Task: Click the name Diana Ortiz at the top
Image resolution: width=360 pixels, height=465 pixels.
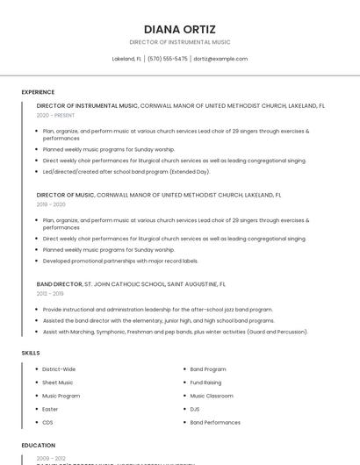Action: pos(179,29)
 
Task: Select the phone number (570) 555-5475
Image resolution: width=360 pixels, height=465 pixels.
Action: pos(167,59)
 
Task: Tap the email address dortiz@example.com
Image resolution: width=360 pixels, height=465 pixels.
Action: pos(220,59)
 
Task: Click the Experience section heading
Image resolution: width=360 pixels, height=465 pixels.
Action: pos(38,92)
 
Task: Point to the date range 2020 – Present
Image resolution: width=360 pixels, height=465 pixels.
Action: pos(55,115)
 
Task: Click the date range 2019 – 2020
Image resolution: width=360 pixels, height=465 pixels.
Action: pos(51,204)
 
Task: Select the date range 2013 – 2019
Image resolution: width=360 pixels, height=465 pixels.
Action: pos(50,294)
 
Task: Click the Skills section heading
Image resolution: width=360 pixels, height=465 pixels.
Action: pos(31,353)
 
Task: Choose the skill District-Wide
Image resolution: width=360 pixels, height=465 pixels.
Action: pos(59,369)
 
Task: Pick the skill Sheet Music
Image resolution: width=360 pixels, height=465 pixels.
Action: pos(58,383)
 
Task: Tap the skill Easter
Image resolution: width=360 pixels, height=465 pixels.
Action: pos(50,409)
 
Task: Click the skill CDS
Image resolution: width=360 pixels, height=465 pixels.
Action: pos(47,422)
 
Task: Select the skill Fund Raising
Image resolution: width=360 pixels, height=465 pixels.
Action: pos(206,383)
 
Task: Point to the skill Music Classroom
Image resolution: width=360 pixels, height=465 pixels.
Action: pos(212,396)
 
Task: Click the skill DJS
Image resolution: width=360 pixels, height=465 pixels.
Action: pos(195,409)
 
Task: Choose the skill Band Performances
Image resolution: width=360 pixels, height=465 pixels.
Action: pos(215,422)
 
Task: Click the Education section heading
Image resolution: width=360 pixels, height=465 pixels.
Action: pos(38,446)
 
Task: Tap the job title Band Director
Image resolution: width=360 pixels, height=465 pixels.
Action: pos(59,284)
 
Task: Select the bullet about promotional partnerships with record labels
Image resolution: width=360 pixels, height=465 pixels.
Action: pos(120,261)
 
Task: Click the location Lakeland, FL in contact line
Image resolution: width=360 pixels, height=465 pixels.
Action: pos(126,59)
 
